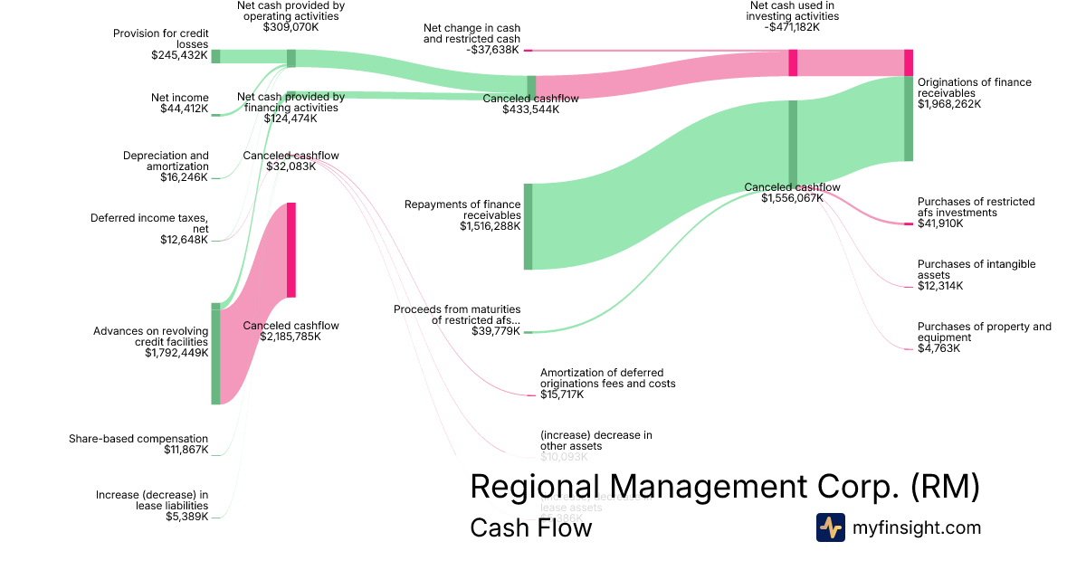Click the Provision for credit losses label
(x=160, y=38)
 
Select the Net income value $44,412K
(x=184, y=109)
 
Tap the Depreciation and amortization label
(x=166, y=161)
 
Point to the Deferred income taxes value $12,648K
(x=184, y=240)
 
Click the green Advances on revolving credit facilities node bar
(x=215, y=354)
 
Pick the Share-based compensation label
(x=138, y=439)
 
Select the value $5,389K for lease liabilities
(x=186, y=517)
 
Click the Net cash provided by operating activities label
(x=291, y=10)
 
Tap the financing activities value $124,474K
(x=291, y=119)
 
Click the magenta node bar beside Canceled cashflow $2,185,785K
(x=291, y=250)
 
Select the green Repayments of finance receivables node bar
(x=528, y=226)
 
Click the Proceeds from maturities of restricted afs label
(x=457, y=315)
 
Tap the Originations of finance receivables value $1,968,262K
(x=949, y=104)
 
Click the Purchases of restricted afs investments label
(x=976, y=207)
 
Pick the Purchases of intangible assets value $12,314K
(x=940, y=286)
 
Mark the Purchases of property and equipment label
(x=984, y=332)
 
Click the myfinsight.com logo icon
(x=830, y=527)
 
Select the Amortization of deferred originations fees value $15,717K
(x=562, y=394)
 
